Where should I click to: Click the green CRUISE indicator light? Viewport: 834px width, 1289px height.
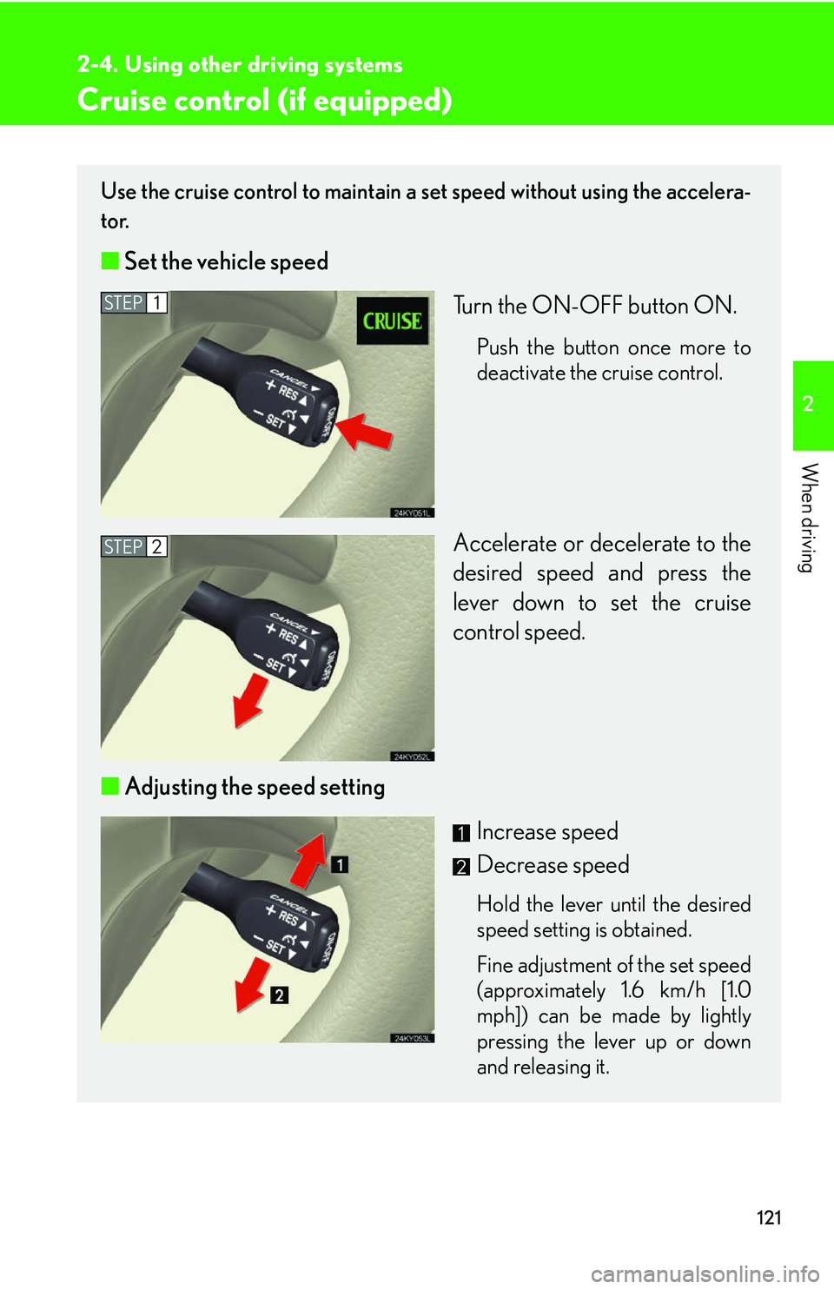393,321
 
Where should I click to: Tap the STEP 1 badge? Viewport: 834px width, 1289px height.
134,302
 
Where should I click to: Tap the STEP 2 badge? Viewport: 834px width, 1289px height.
134,546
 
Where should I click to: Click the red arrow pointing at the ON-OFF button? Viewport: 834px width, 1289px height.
364,430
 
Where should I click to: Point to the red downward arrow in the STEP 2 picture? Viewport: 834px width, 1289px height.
250,700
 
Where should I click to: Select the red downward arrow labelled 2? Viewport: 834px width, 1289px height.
254,985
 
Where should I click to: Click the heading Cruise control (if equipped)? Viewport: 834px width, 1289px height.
265,100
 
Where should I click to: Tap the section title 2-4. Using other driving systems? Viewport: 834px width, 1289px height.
240,64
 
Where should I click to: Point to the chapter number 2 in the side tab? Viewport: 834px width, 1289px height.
809,404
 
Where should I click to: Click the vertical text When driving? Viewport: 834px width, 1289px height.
809,518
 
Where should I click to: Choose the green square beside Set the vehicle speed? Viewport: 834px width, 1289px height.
110,261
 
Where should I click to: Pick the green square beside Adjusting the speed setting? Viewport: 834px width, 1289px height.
110,786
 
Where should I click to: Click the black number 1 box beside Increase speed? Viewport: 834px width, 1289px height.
460,833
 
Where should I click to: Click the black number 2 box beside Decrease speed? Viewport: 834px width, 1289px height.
460,866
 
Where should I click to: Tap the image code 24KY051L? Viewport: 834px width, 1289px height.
412,512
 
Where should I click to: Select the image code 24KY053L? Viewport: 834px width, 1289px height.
412,1038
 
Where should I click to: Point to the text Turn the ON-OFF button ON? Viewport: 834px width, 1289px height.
595,306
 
